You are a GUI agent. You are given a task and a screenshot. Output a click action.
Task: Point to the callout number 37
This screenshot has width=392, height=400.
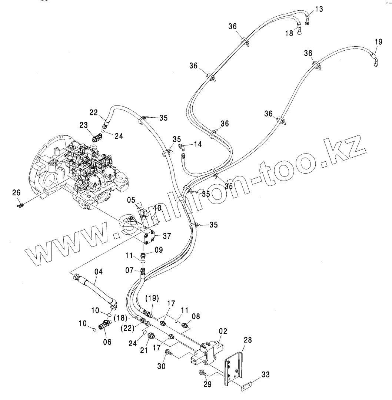167,235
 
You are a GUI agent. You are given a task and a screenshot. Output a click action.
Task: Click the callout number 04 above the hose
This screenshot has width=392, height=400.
98,272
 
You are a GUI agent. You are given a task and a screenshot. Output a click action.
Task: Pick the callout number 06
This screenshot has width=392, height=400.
107,342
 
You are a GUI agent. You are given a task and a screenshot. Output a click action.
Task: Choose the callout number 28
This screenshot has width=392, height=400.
248,340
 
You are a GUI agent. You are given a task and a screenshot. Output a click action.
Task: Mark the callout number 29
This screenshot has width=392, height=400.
207,384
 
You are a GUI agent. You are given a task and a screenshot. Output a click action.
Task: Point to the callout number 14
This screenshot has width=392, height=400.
198,144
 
